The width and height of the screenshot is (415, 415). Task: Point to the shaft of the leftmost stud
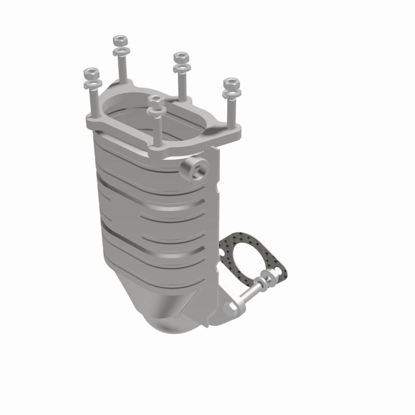[x=93, y=101]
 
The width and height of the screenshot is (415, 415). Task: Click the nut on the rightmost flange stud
[x=231, y=82]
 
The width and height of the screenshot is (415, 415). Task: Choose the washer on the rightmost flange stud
[x=231, y=94]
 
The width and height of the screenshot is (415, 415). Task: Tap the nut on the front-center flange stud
[x=155, y=99]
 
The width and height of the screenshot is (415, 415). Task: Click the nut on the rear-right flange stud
[x=181, y=57]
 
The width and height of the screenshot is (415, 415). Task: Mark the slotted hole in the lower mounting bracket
[x=230, y=309]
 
